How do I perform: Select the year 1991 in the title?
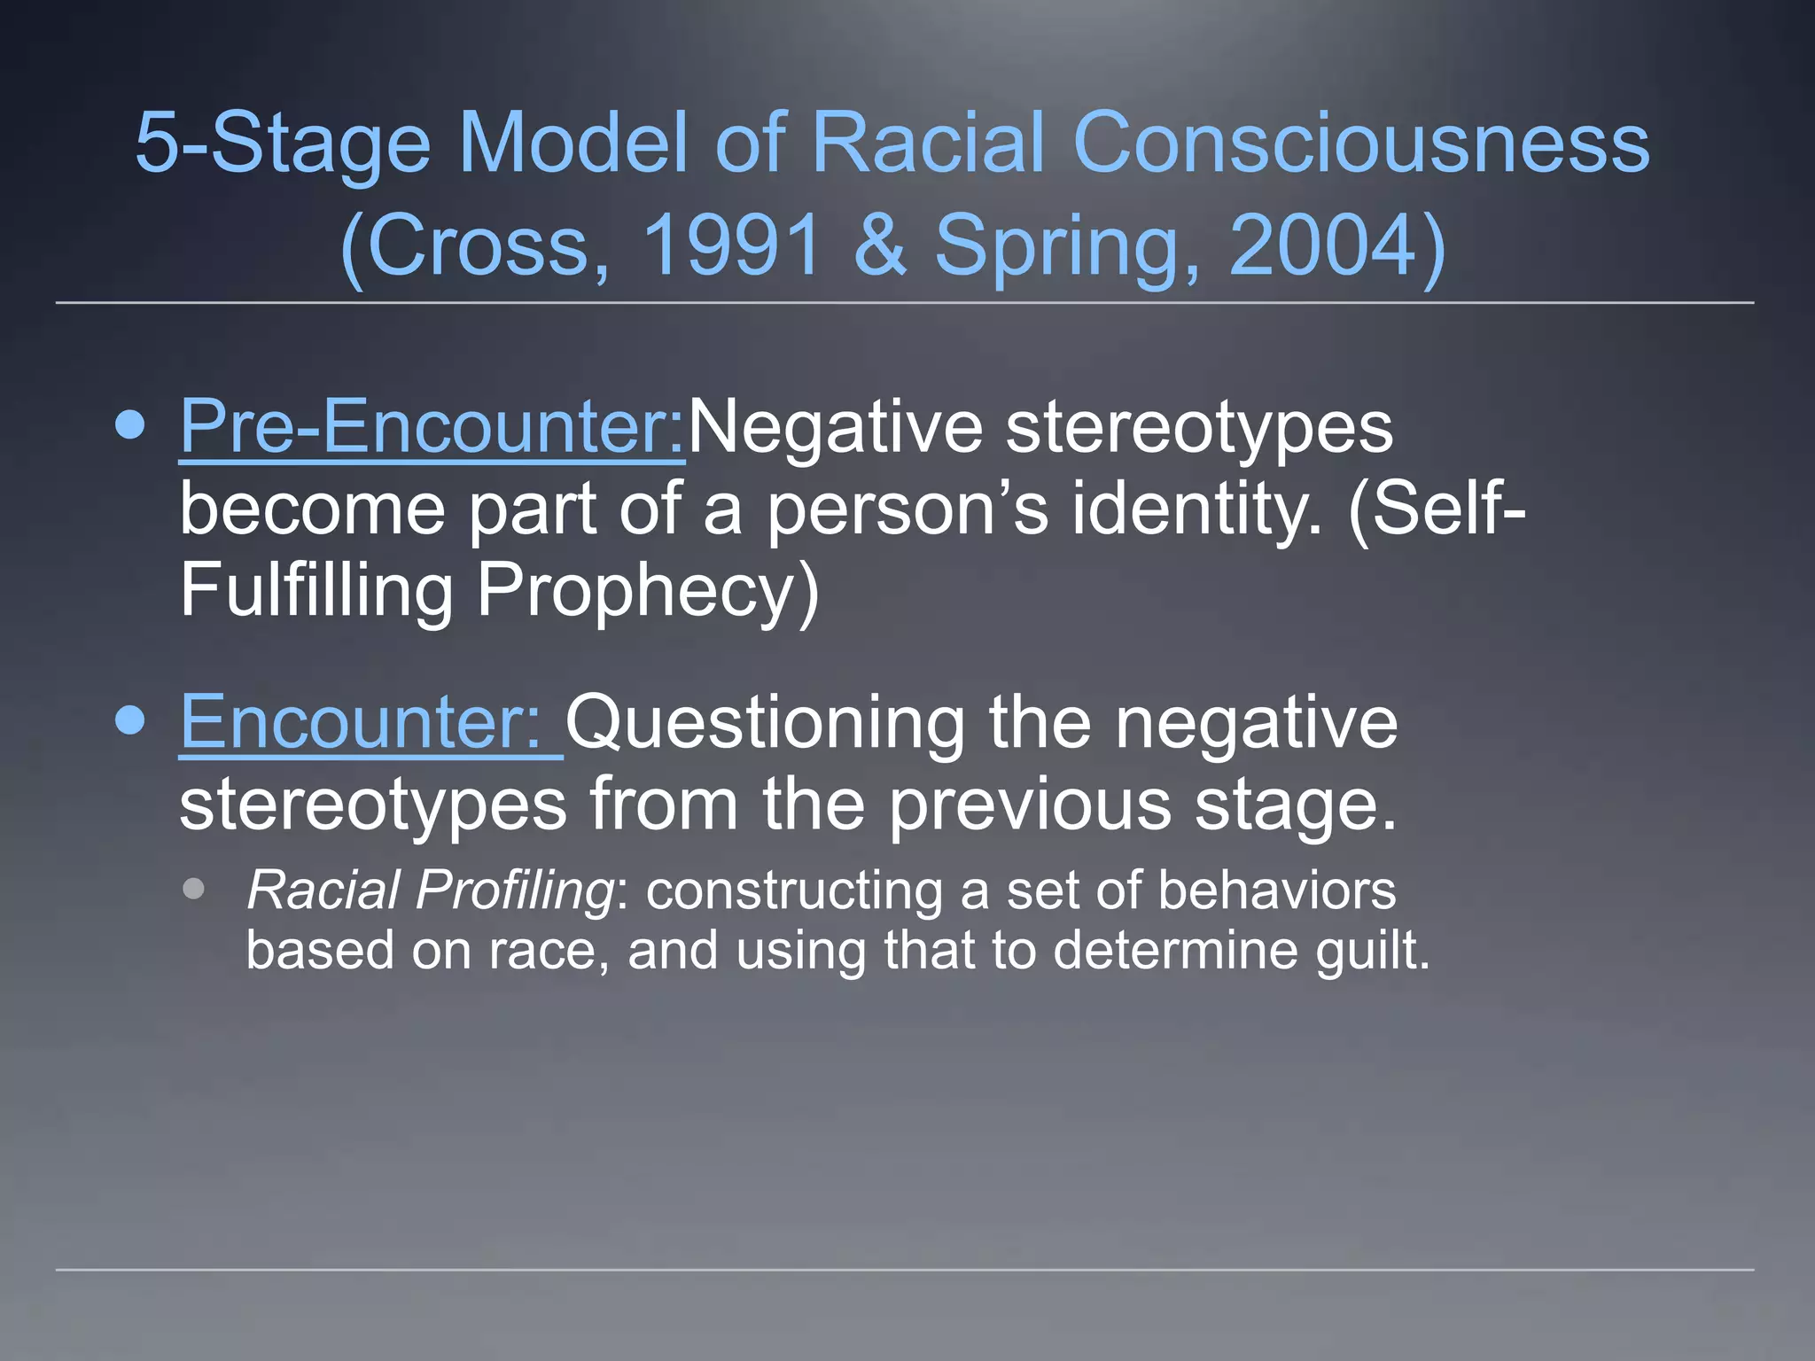[732, 245]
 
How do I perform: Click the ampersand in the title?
[880, 245]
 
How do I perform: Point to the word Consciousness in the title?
[1360, 144]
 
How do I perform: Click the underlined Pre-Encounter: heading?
[432, 428]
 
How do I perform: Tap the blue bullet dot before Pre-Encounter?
[130, 426]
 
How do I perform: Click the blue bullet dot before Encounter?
[130, 721]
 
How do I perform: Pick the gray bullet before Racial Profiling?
[194, 889]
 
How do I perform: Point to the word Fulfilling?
[316, 592]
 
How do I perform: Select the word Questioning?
[765, 723]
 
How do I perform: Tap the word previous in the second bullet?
[1030, 805]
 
